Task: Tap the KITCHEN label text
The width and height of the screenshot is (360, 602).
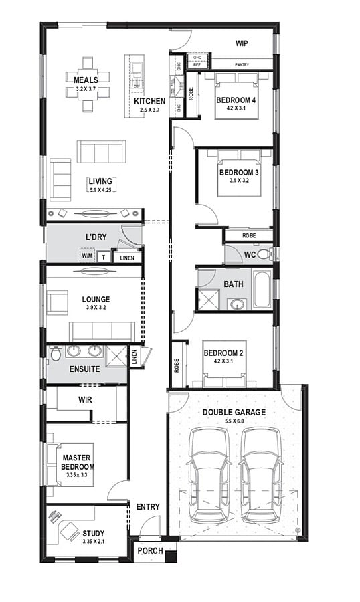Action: pos(149,102)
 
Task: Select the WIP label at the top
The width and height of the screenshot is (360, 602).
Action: pos(242,43)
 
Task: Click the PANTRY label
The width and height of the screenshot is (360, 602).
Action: pos(242,64)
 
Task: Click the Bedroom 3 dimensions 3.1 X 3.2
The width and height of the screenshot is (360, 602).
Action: pos(238,181)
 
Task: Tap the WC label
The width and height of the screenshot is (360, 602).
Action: pos(250,255)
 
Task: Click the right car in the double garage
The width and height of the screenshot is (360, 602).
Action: pos(260,475)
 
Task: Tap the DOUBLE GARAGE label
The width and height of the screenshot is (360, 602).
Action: pos(234,413)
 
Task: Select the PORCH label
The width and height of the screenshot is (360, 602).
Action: pos(149,551)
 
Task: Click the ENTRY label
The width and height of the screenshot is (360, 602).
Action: pos(148,507)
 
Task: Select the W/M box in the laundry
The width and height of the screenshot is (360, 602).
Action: pos(87,256)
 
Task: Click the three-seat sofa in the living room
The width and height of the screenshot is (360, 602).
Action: pos(101,151)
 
